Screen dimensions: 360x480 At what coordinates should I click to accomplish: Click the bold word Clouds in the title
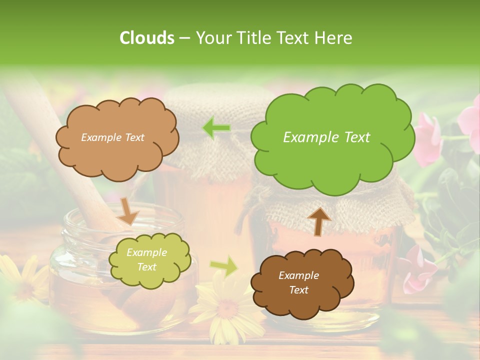pos(146,38)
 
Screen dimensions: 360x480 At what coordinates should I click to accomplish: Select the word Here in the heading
pos(335,38)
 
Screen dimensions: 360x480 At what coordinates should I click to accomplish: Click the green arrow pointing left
pos(216,128)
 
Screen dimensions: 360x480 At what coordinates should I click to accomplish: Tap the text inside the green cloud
pos(326,137)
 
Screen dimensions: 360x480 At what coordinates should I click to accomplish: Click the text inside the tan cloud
pos(112,137)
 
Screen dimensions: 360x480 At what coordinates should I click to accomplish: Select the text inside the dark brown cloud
pos(298,282)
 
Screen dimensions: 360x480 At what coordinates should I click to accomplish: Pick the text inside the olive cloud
pos(146,260)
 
